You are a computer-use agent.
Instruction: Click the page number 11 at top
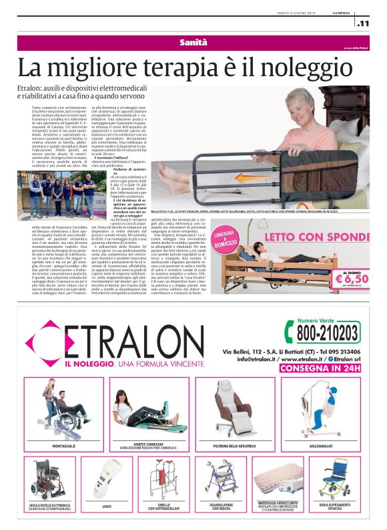pyautogui.click(x=364, y=24)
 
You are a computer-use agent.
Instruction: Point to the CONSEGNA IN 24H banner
pyautogui.click(x=319, y=368)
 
